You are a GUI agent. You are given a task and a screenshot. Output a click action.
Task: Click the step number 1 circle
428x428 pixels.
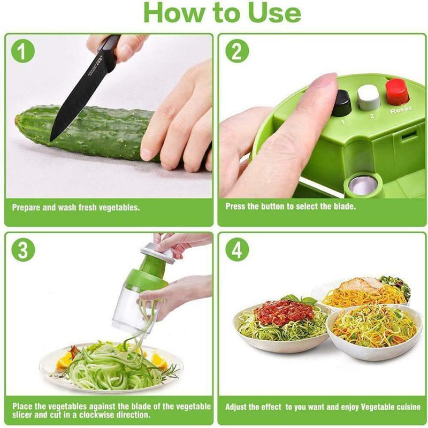22,52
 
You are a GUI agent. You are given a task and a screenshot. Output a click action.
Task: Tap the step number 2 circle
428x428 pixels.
236,52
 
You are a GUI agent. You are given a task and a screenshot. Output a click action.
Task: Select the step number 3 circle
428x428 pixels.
22,250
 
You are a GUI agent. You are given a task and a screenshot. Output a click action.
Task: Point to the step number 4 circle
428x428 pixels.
236,250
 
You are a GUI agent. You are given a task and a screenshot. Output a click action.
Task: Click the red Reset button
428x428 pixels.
397,91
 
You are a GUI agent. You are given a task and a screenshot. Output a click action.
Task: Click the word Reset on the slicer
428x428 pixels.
400,110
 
